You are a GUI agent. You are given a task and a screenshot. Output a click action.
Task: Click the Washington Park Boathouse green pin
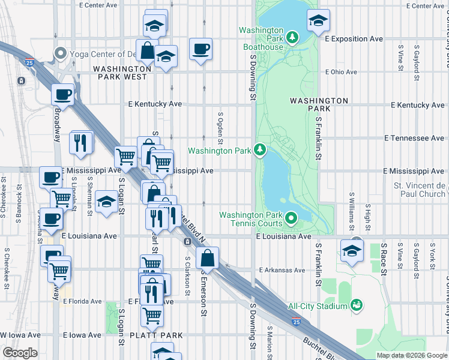(x=292, y=38)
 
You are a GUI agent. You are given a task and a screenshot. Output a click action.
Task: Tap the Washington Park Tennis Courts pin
(x=292, y=219)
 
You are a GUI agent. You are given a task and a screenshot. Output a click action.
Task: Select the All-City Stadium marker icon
(x=357, y=306)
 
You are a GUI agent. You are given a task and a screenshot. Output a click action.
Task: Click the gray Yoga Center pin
(x=59, y=53)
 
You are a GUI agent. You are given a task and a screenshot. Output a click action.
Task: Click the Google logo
(x=20, y=353)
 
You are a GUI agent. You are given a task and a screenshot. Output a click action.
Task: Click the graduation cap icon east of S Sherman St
(x=106, y=202)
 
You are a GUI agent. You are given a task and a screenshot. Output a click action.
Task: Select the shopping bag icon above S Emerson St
(x=207, y=259)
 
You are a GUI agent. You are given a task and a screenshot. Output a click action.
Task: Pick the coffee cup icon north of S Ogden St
(x=200, y=49)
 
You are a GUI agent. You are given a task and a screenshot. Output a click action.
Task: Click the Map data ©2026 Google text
(x=412, y=355)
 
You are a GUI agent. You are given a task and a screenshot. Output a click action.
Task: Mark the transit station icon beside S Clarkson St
(x=187, y=242)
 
